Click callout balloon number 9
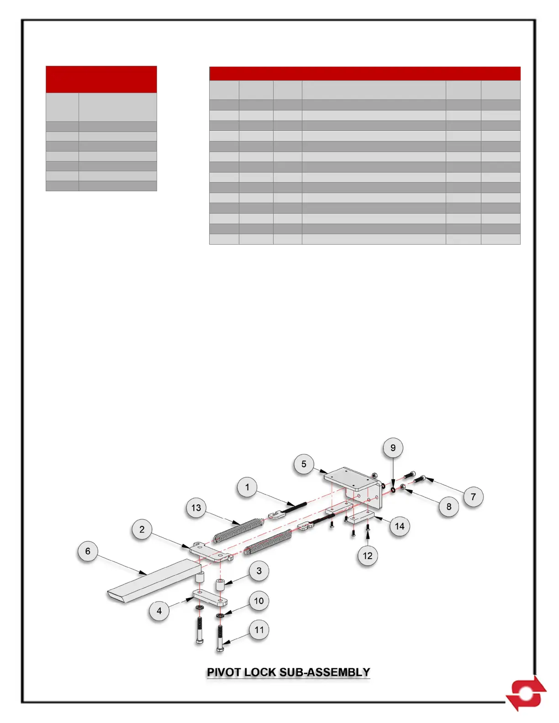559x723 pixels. click(393, 448)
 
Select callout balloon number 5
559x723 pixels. click(304, 464)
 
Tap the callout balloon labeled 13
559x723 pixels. click(196, 508)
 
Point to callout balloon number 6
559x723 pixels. click(88, 551)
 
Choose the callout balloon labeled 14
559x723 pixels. click(400, 526)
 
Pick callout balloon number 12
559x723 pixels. click(368, 556)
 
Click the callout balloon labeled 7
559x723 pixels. click(473, 497)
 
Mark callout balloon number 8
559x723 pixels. click(449, 507)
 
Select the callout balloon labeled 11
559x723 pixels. click(259, 630)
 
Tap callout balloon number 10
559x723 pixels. click(259, 601)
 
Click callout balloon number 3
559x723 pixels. click(259, 571)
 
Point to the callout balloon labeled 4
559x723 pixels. click(159, 611)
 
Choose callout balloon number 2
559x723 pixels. click(142, 529)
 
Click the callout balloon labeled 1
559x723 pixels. click(247, 487)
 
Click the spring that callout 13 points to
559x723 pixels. click(239, 529)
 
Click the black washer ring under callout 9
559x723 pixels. click(393, 490)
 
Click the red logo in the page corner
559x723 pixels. click(527, 693)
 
